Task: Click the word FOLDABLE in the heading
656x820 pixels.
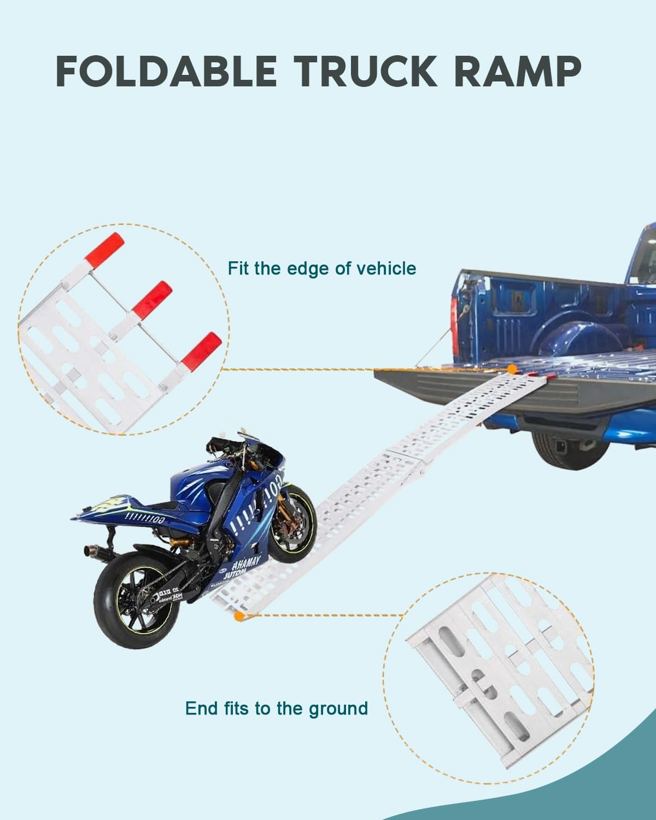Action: (x=166, y=72)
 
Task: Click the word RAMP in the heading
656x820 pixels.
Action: (x=517, y=72)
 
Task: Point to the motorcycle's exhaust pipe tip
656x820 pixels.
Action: (x=88, y=549)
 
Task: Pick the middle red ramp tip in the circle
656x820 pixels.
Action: (x=153, y=295)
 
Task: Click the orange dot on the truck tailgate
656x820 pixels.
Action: (x=511, y=369)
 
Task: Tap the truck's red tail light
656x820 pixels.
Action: (x=454, y=322)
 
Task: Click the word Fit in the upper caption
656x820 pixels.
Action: (x=239, y=268)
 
